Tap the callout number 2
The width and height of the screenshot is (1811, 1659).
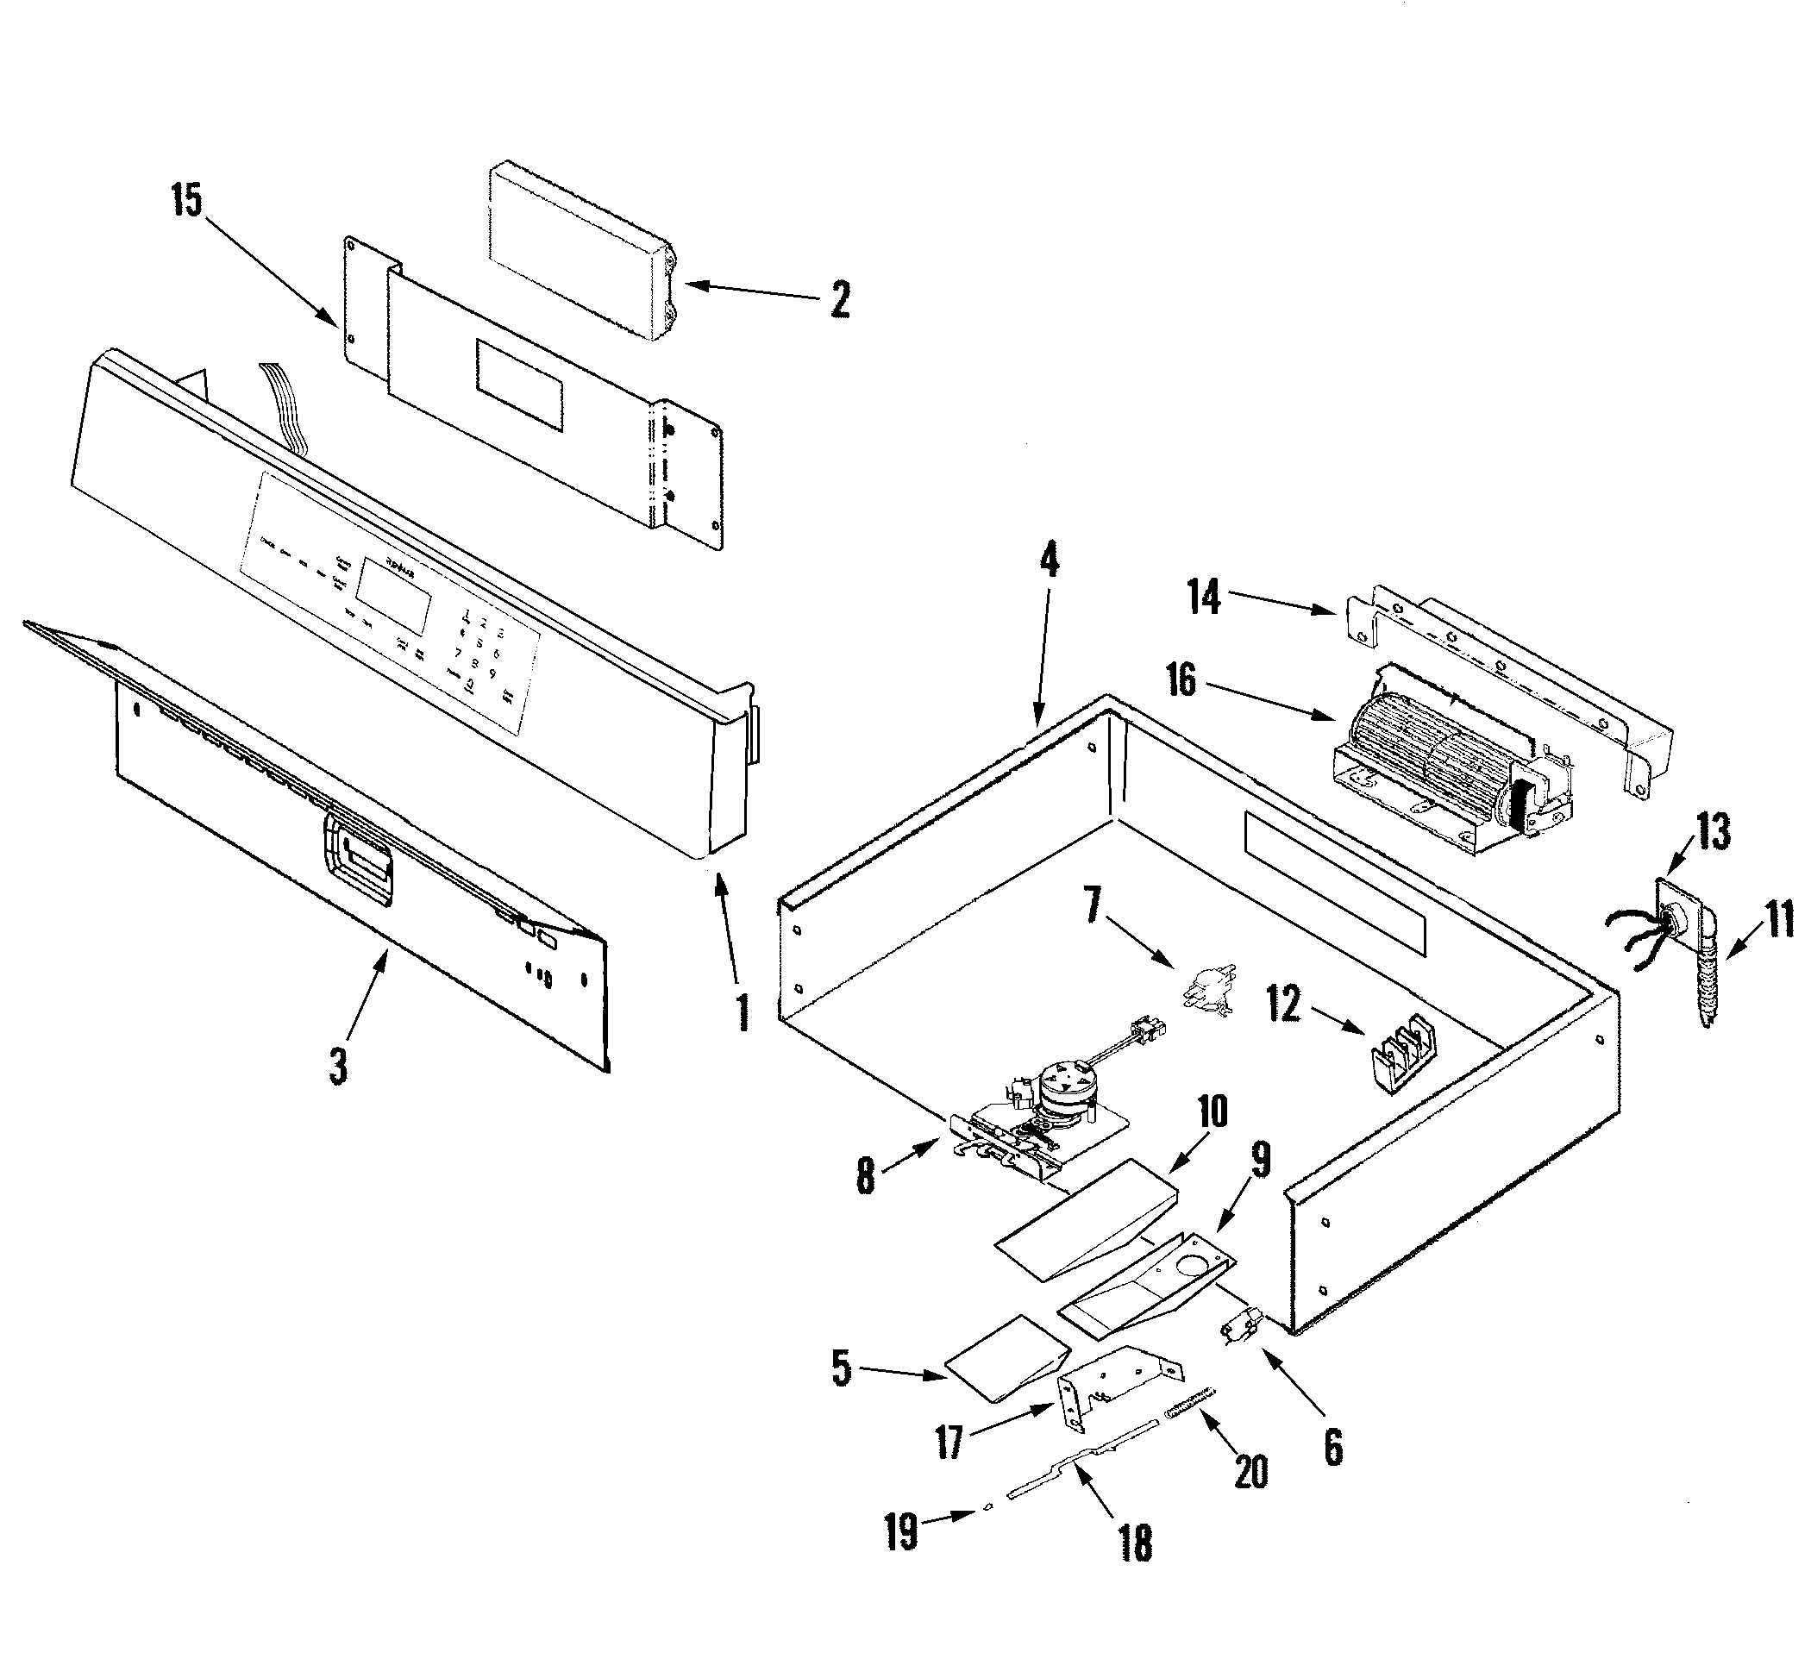[839, 299]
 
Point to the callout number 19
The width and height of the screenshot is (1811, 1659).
[901, 1531]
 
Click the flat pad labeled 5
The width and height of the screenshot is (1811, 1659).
[1006, 1357]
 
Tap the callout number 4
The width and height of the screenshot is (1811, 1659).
[1049, 563]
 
